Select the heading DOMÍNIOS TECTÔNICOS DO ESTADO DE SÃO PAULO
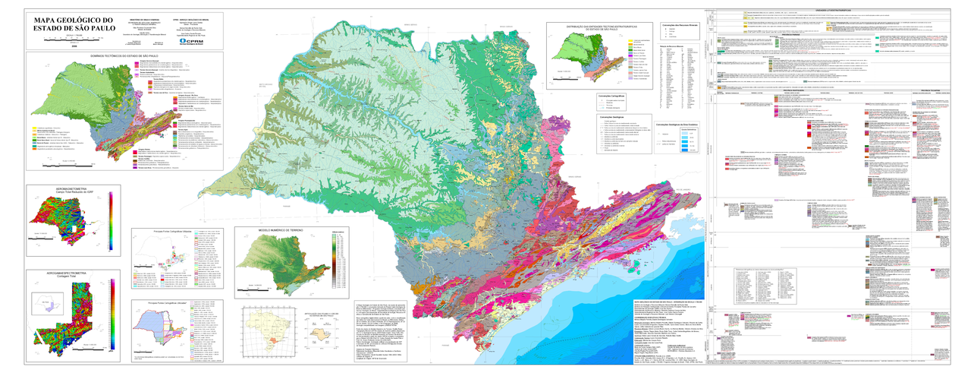[x=124, y=55]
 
